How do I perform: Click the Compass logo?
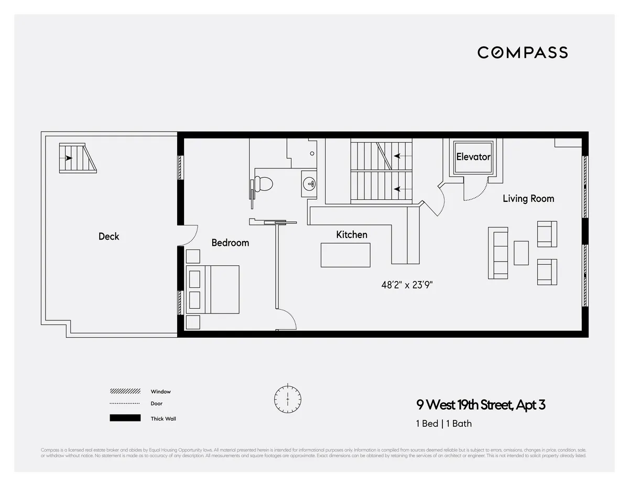point(522,52)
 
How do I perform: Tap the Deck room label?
point(109,236)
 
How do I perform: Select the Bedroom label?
point(230,243)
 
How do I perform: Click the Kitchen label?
point(351,234)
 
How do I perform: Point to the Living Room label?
point(528,198)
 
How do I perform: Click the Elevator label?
point(473,157)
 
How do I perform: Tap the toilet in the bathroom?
point(264,184)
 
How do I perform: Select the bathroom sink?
point(309,183)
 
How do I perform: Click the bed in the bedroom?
point(213,289)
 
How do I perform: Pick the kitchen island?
point(345,255)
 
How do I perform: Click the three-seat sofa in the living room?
point(498,253)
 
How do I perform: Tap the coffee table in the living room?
point(521,253)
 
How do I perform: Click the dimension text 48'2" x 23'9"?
point(407,285)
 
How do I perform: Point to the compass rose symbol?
point(288,399)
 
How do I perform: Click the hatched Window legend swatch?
point(125,392)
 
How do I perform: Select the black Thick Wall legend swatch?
point(125,418)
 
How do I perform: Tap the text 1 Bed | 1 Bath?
point(443,424)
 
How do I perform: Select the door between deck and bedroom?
point(188,236)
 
